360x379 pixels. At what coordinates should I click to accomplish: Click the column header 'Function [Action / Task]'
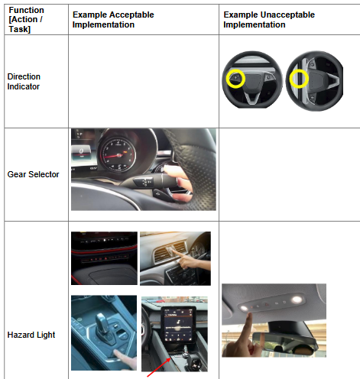click(x=26, y=20)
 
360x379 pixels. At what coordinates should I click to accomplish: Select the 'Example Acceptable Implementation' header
click(x=113, y=20)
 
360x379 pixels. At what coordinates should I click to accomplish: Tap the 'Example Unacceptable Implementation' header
click(x=269, y=20)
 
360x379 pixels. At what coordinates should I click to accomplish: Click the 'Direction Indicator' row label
click(x=24, y=82)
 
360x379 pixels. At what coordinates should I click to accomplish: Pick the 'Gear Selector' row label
click(x=33, y=174)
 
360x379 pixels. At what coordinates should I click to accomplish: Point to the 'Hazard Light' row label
click(x=31, y=335)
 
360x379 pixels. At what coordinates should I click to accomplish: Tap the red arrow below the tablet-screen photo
click(x=158, y=368)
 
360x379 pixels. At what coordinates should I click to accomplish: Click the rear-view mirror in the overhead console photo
click(x=285, y=342)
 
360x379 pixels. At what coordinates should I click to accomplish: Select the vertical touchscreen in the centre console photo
click(x=179, y=325)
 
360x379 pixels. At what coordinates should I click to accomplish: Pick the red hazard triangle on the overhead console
click(x=267, y=304)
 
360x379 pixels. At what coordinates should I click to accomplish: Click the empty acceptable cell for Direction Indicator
click(x=144, y=81)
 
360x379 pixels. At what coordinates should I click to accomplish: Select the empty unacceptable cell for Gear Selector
click(x=290, y=174)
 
